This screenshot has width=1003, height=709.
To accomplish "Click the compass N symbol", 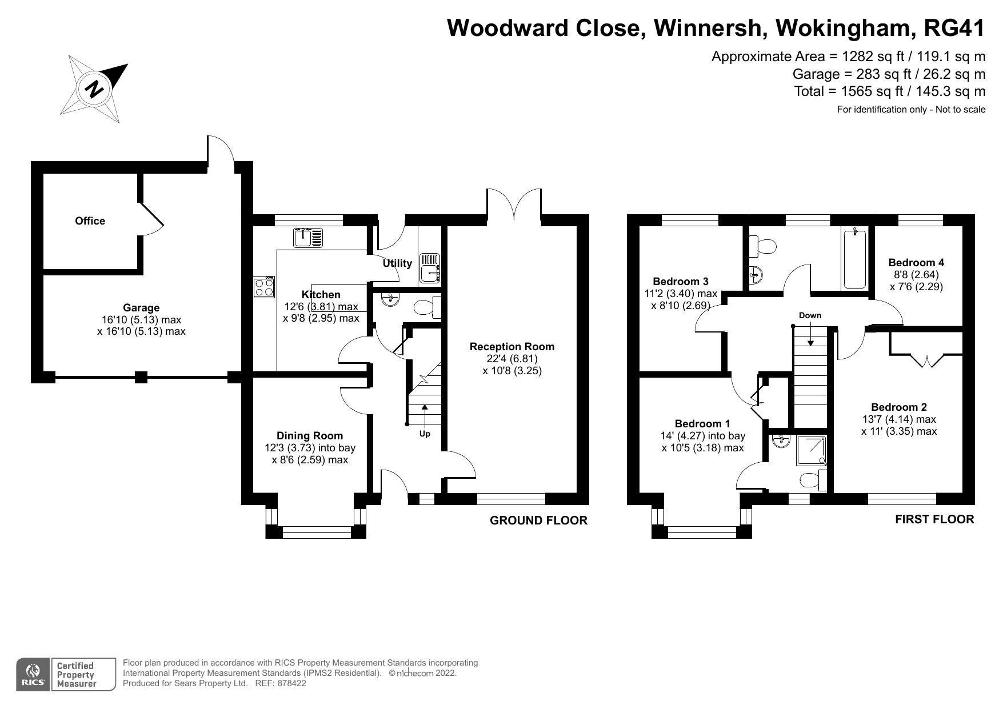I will (x=95, y=89).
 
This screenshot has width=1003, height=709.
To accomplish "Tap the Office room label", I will (x=90, y=221).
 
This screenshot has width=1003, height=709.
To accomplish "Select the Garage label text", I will (x=141, y=308).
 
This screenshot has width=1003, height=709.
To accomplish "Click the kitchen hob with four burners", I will (x=264, y=287).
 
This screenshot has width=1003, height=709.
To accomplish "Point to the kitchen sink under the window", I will (x=308, y=237).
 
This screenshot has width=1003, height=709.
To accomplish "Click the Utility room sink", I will (x=430, y=268).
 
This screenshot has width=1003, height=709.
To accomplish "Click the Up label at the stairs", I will (x=425, y=434).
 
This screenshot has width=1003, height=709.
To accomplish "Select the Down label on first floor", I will (x=810, y=315).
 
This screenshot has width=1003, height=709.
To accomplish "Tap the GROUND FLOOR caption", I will (x=538, y=520).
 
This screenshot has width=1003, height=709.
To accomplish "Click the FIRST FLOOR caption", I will (x=934, y=519).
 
